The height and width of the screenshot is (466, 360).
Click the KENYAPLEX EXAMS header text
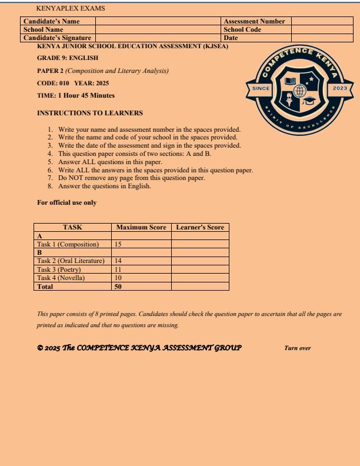coord(62,9)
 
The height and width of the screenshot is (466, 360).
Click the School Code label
coord(242,29)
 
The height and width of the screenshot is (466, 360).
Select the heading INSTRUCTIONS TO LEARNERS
coord(81,112)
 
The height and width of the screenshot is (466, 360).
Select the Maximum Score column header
coord(141,227)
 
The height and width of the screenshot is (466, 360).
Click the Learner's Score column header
coord(200,227)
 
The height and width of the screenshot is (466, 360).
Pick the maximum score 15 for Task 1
coord(118,244)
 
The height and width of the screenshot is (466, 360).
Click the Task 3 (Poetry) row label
coord(62,269)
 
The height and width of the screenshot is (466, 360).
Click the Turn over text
coord(298,348)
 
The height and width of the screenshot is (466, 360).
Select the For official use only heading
coord(66,203)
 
